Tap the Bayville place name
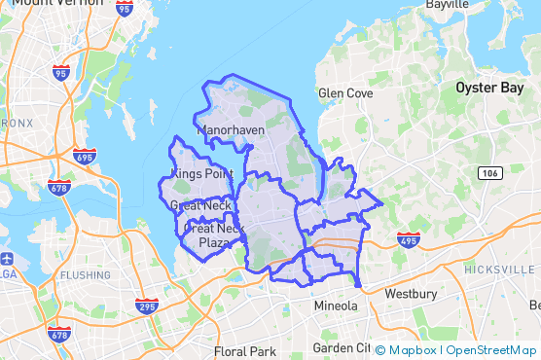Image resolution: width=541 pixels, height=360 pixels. point(447,5)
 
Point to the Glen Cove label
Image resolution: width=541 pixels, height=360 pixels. point(345,93)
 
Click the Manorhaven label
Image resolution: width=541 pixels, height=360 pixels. point(230,128)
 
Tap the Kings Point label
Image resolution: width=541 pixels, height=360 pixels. point(201,173)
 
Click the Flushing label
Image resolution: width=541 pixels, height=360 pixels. point(86,274)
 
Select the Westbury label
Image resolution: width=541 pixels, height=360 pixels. point(412,293)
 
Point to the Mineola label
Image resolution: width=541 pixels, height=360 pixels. point(336,306)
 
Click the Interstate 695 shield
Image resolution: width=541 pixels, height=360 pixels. point(85,157)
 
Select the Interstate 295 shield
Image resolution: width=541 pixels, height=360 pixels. point(147,306)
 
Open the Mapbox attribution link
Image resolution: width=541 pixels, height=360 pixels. point(411,349)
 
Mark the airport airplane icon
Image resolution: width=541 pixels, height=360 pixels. point(8,260)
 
